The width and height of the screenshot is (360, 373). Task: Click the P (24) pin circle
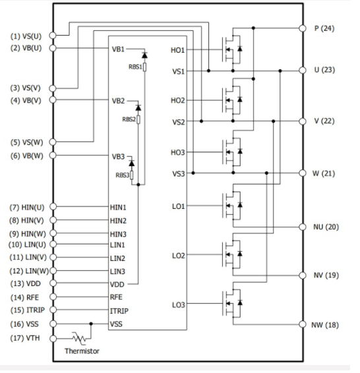pyautogui.click(x=303, y=28)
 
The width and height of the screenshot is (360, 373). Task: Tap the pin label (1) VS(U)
pyautogui.click(x=26, y=36)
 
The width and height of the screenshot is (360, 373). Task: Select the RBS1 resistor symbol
pyautogui.click(x=144, y=67)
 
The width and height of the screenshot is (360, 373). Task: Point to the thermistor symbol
pyautogui.click(x=79, y=338)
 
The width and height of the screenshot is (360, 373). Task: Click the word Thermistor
pyautogui.click(x=82, y=351)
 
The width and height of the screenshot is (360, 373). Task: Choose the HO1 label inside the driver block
pyautogui.click(x=178, y=50)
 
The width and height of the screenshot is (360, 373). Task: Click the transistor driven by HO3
pyautogui.click(x=232, y=152)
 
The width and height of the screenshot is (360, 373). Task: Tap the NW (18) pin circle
pyautogui.click(x=303, y=324)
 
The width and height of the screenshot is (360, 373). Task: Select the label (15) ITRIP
pyautogui.click(x=28, y=310)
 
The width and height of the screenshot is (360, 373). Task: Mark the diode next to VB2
pyautogui.click(x=138, y=107)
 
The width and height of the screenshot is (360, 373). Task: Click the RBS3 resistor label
pyautogui.click(x=122, y=175)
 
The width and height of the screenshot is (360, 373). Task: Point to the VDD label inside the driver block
pyautogui.click(x=117, y=284)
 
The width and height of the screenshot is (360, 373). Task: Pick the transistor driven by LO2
pyautogui.click(x=232, y=254)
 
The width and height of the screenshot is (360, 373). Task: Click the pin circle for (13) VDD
pyautogui.click(x=53, y=283)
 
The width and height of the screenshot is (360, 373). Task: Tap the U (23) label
pyautogui.click(x=324, y=70)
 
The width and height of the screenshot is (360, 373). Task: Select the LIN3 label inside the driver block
pyautogui.click(x=117, y=272)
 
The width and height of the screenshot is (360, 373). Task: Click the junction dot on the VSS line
pyautogui.click(x=91, y=324)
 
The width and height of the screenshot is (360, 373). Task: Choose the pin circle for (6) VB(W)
pyautogui.click(x=53, y=155)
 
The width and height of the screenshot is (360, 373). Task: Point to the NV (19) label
pyautogui.click(x=326, y=275)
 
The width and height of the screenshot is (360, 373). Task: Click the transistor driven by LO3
pyautogui.click(x=232, y=303)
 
